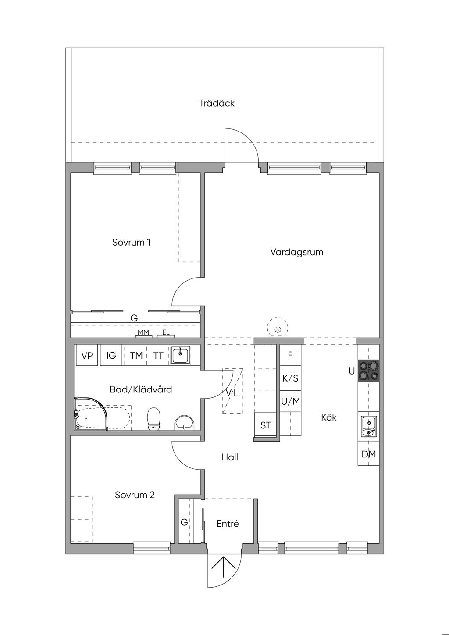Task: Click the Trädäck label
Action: point(217,103)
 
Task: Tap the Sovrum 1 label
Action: point(131,243)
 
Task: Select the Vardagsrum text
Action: point(297,252)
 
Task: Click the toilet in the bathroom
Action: point(153,419)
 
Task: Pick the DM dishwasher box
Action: point(368,454)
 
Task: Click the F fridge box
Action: point(290,355)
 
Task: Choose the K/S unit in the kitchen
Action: point(290,378)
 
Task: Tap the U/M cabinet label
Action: point(291,401)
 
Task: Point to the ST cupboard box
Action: point(265,425)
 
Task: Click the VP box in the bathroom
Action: point(87,355)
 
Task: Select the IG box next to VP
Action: point(111,355)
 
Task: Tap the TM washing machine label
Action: point(136,356)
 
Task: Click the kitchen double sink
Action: point(368,426)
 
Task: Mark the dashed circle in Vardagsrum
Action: point(278,327)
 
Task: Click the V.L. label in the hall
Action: point(233,393)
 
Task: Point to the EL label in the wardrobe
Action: point(166,332)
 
